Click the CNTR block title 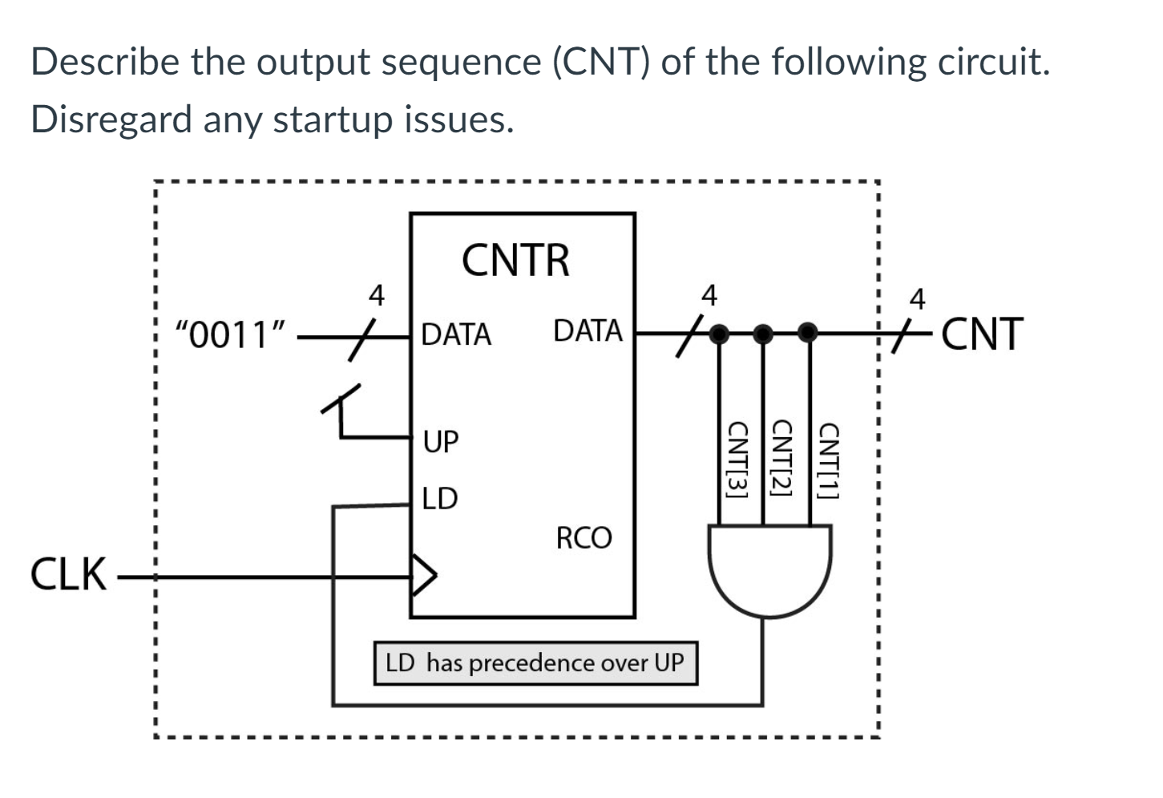(515, 260)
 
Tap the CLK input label (68, 575)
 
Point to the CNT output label (983, 334)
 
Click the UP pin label (441, 441)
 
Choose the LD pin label (439, 499)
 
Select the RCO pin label (584, 538)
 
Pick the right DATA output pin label (588, 330)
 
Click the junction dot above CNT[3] (720, 332)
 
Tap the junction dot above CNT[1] (809, 332)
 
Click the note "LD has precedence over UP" (535, 663)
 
